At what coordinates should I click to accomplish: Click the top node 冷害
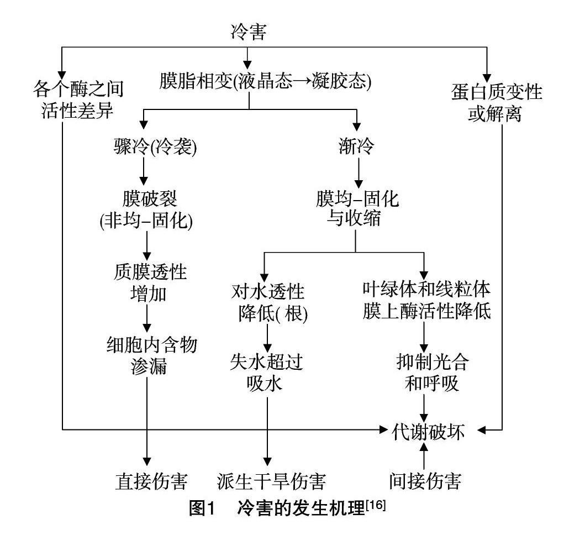(x=248, y=33)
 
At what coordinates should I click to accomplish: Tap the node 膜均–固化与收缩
(x=356, y=208)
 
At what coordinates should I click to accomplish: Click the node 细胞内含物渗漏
(x=148, y=355)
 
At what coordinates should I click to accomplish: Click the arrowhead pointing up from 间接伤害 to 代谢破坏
(x=424, y=446)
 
